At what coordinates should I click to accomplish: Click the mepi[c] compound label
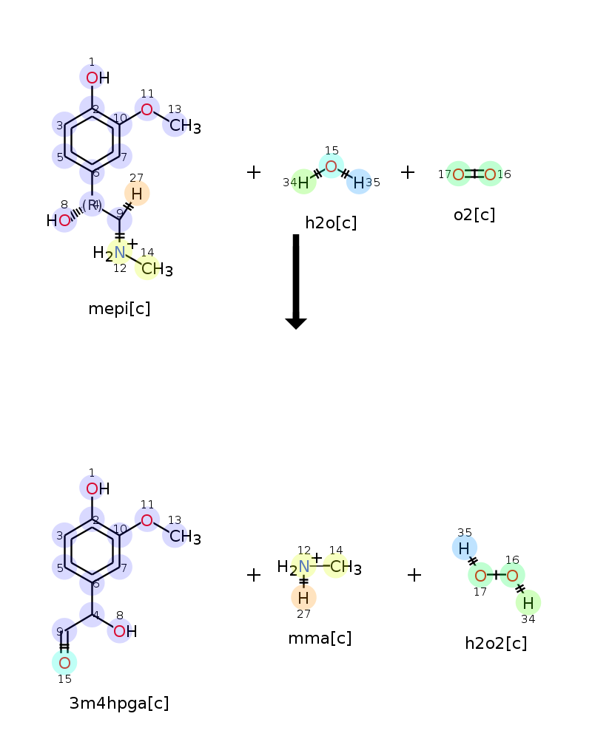coord(119,309)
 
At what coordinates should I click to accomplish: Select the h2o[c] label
coord(331,222)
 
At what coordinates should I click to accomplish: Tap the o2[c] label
coord(474,215)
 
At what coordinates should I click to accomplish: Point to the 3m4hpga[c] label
coord(119,704)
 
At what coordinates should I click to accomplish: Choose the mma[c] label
coord(320,638)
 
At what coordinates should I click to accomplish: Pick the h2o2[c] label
coord(496,643)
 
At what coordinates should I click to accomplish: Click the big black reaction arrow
coord(296,282)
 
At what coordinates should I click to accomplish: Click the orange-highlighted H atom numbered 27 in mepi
coord(137,194)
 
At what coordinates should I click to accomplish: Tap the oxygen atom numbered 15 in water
coord(332,166)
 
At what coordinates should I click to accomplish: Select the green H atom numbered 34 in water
coord(303,183)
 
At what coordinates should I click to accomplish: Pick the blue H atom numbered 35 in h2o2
coord(464,548)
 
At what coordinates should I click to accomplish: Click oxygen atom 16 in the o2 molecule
coord(490,175)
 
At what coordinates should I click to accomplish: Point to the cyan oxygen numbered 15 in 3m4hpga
coord(64,663)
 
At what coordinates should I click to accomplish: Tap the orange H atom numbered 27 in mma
coord(303,598)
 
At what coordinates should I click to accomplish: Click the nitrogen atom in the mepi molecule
coord(120,253)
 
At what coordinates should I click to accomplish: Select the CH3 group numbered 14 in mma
coord(346,567)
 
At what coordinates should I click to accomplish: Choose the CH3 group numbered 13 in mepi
coord(185,126)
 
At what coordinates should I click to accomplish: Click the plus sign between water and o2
coord(408,172)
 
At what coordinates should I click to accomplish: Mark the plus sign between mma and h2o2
coord(414,575)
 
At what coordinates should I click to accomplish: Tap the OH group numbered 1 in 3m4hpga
coord(98,488)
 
